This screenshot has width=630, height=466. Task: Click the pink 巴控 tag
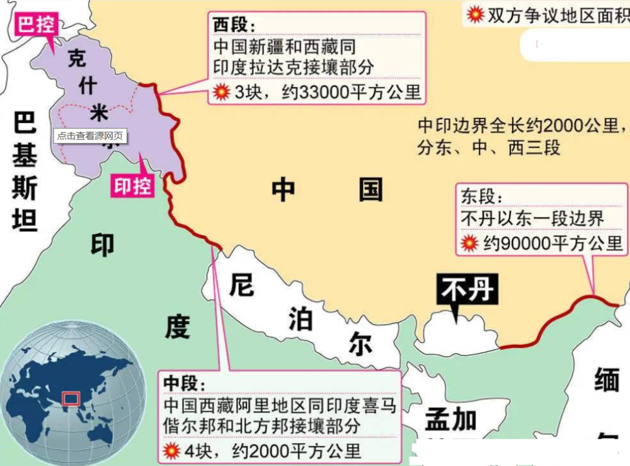[x=36, y=26]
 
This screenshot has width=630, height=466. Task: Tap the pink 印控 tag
[x=132, y=186]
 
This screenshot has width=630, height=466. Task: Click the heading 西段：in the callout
[x=234, y=25]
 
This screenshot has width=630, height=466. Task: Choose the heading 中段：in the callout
[x=184, y=383]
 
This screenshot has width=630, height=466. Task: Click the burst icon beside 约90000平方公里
[x=470, y=243]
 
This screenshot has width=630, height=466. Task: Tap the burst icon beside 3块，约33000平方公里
[x=221, y=92]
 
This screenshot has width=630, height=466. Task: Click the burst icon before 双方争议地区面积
[x=475, y=13]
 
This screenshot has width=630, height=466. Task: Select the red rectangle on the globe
[x=70, y=399]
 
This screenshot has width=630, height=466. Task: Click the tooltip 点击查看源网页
[x=90, y=136]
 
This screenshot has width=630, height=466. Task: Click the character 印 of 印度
[x=103, y=246]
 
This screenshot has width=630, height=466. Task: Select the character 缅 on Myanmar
[x=607, y=381]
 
